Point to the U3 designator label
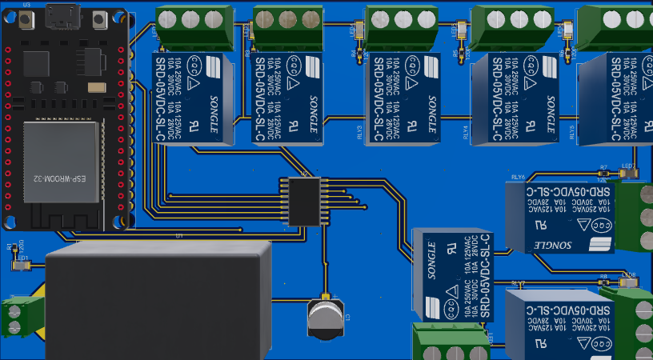27,5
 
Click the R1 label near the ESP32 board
10,248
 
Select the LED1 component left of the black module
21,266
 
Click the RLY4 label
467,131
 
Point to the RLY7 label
519,283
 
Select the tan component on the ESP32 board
97,86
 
